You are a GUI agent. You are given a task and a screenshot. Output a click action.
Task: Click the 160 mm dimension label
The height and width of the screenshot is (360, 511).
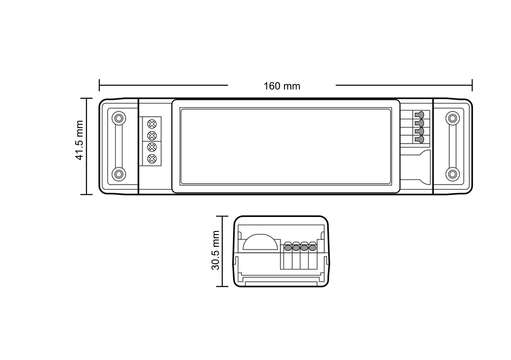pyautogui.click(x=281, y=86)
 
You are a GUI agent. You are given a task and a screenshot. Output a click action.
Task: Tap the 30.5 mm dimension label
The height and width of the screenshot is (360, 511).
pyautogui.click(x=216, y=250)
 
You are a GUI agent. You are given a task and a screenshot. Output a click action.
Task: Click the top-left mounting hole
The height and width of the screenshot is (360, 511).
pyautogui.click(x=119, y=118)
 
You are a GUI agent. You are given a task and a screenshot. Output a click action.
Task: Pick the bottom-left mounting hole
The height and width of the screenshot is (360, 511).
pyautogui.click(x=119, y=174)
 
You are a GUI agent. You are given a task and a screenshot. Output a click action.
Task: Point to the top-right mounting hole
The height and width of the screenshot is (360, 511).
pyautogui.click(x=452, y=118)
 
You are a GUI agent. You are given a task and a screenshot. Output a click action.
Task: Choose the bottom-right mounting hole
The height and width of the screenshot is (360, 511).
pyautogui.click(x=452, y=174)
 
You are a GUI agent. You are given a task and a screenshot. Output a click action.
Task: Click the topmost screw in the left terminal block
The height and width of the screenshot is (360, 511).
pyautogui.click(x=152, y=124)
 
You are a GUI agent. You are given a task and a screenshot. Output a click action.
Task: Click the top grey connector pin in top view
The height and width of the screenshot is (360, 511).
pyautogui.click(x=420, y=115)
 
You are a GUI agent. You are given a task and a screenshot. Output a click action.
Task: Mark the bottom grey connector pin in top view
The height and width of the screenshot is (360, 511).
pyautogui.click(x=420, y=139)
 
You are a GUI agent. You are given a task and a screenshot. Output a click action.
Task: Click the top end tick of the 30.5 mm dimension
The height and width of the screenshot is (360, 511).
pyautogui.click(x=222, y=217)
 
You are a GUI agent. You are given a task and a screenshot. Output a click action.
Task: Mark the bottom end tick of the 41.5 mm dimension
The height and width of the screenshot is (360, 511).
pyautogui.click(x=86, y=194)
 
